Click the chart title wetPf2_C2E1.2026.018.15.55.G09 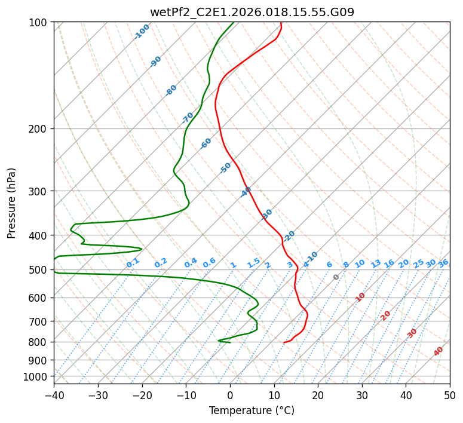point(252,12)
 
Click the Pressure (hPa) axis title point(11,203)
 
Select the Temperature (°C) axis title point(252,410)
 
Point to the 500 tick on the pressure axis point(39,270)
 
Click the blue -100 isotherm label point(142,32)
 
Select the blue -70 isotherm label point(188,118)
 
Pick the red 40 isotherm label point(439,351)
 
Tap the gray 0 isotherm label point(336,277)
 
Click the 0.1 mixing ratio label point(133,262)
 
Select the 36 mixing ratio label point(443,263)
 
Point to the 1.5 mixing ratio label point(253,262)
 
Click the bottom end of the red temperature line point(284,342)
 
